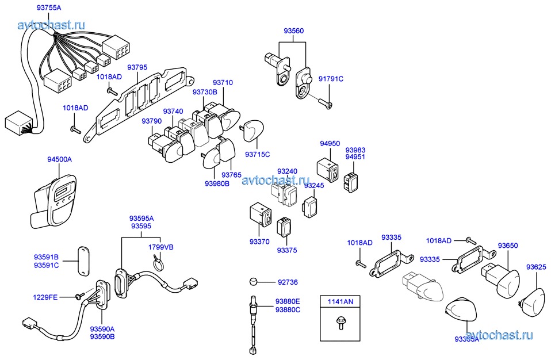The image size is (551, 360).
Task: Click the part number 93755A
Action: pyautogui.click(x=48, y=7)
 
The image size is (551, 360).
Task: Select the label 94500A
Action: pyautogui.click(x=59, y=159)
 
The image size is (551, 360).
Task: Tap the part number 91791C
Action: pyautogui.click(x=331, y=79)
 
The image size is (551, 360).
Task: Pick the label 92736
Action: pyautogui.click(x=289, y=282)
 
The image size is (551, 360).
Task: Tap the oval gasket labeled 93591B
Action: pyautogui.click(x=83, y=261)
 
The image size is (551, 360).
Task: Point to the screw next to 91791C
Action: pyautogui.click(x=325, y=104)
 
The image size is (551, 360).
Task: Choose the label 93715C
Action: pyautogui.click(x=257, y=154)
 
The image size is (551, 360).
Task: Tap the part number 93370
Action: pyautogui.click(x=259, y=242)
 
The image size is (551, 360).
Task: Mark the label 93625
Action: pyautogui.click(x=537, y=267)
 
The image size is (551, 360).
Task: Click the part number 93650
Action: pyautogui.click(x=508, y=246)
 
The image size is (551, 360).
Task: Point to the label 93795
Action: pyautogui.click(x=137, y=67)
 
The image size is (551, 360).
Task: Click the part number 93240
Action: pyautogui.click(x=287, y=171)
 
